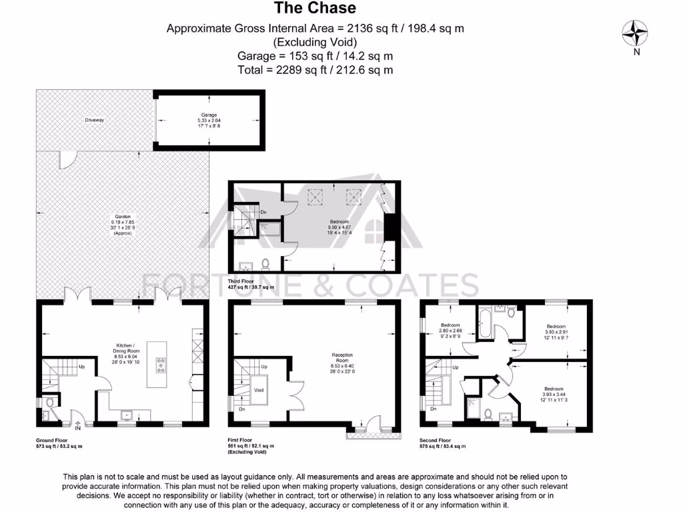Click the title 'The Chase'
(x=315, y=9)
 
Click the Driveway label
(x=95, y=120)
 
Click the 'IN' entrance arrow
(x=78, y=426)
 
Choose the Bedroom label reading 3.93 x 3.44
(x=553, y=393)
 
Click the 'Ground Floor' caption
(x=52, y=441)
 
